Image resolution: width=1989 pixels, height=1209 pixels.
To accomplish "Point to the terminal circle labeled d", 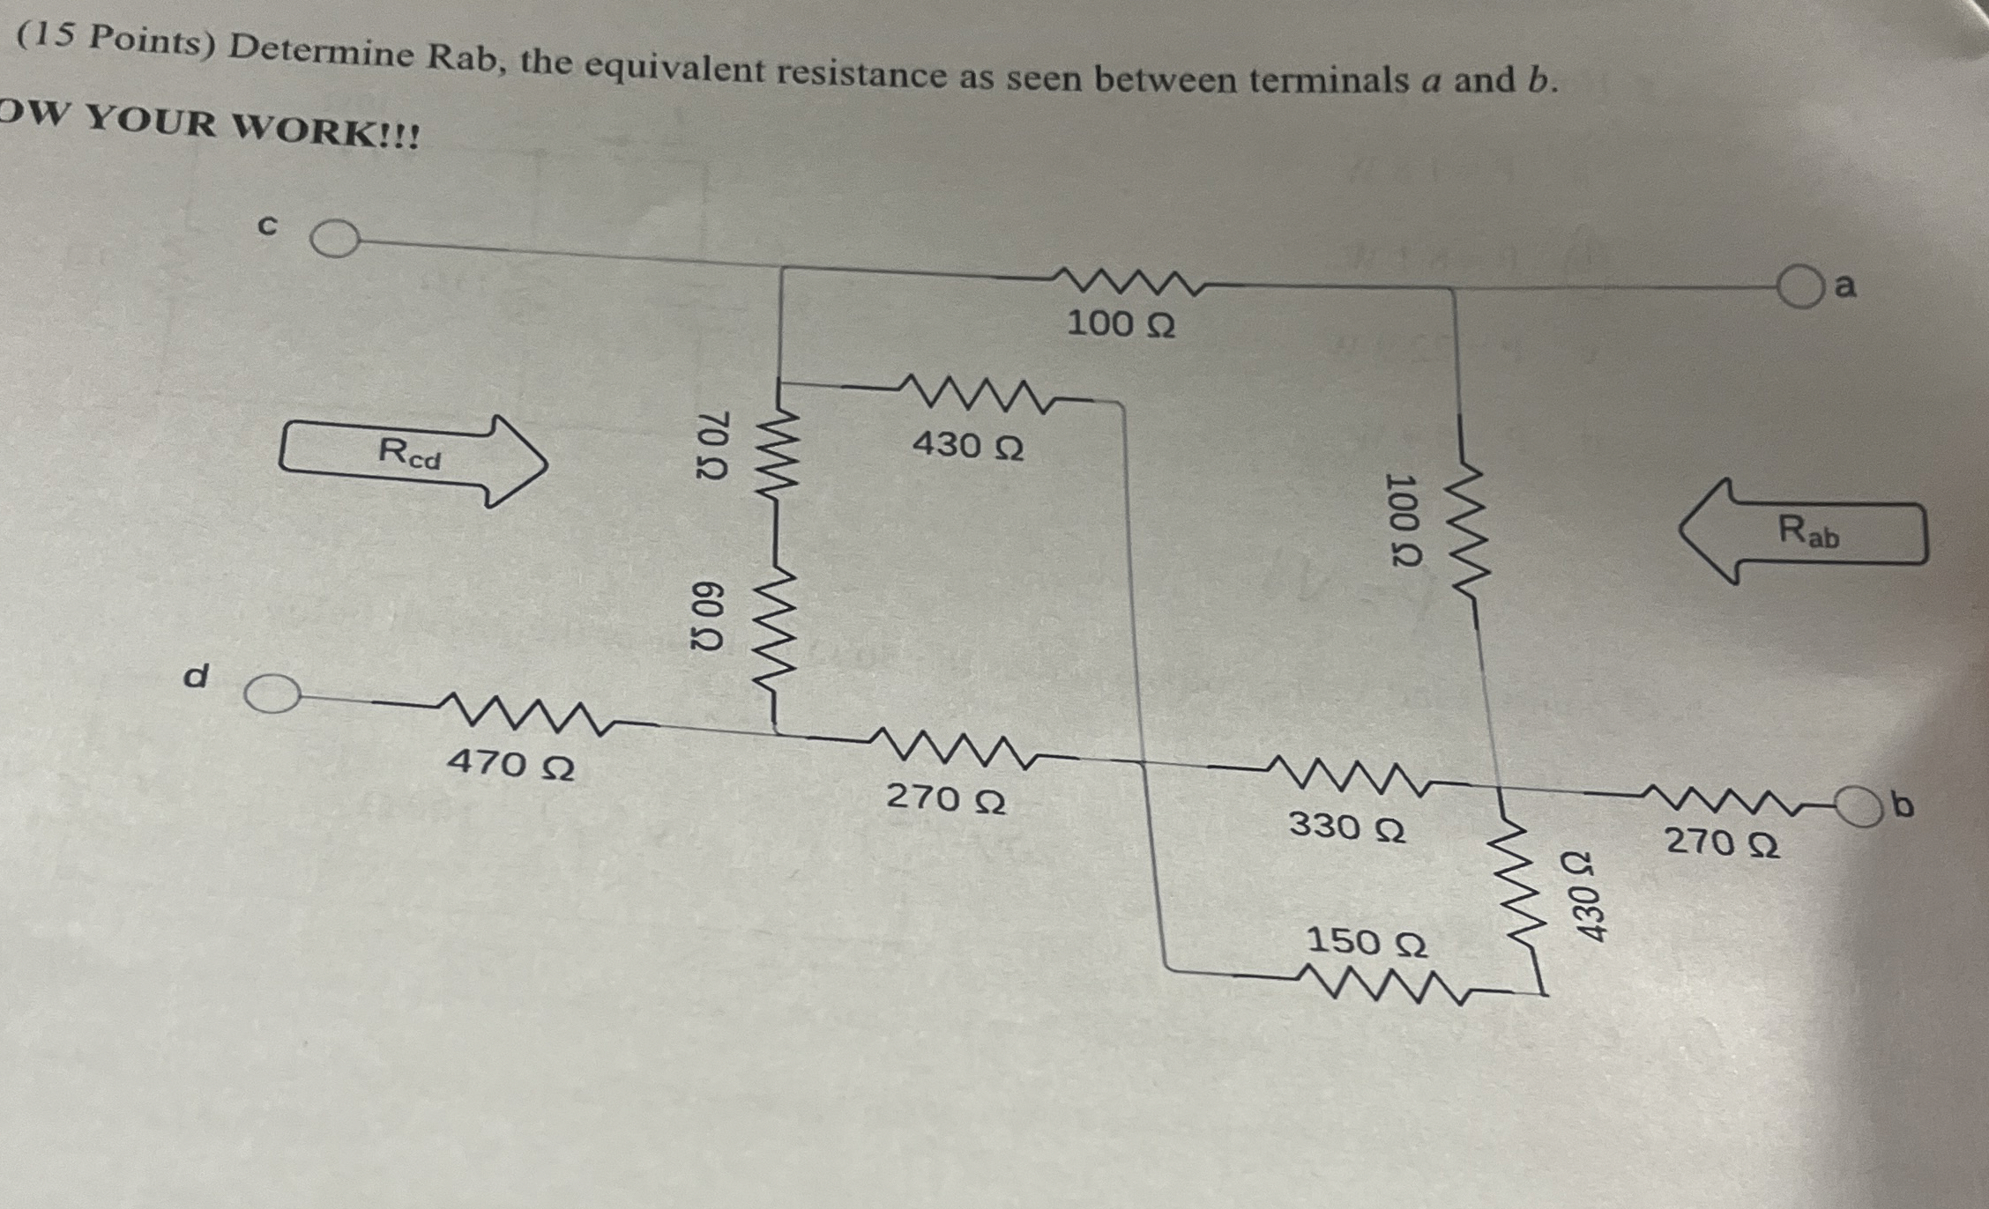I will pos(272,694).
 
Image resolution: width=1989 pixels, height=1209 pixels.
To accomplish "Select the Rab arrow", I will pos(1803,531).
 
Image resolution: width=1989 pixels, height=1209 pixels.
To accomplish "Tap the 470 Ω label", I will pos(510,763).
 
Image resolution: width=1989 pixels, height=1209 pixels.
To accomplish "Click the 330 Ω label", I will pos(1346,827).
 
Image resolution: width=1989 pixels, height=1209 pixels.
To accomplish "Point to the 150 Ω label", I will pos(1366,942).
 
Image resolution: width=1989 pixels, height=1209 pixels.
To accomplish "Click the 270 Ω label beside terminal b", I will pos(1721,842).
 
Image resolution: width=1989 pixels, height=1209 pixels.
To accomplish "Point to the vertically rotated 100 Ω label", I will pos(1402,522).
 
